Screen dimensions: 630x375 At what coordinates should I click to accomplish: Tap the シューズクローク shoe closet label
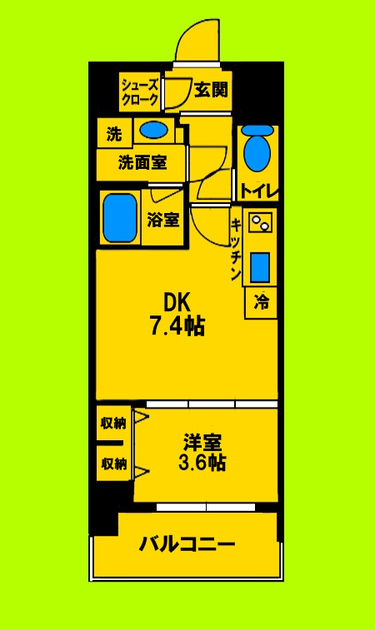pyautogui.click(x=139, y=89)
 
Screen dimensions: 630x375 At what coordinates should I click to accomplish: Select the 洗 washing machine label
pyautogui.click(x=114, y=132)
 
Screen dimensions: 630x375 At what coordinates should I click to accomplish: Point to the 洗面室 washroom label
pyautogui.click(x=142, y=162)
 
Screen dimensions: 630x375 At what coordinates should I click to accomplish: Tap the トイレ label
pyautogui.click(x=259, y=191)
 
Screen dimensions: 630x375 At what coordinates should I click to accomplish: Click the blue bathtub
pyautogui.click(x=120, y=216)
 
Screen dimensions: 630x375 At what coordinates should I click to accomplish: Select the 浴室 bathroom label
pyautogui.click(x=163, y=220)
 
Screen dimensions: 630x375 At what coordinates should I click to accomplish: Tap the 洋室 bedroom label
pyautogui.click(x=202, y=441)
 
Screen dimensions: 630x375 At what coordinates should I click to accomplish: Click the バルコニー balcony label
pyautogui.click(x=187, y=545)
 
